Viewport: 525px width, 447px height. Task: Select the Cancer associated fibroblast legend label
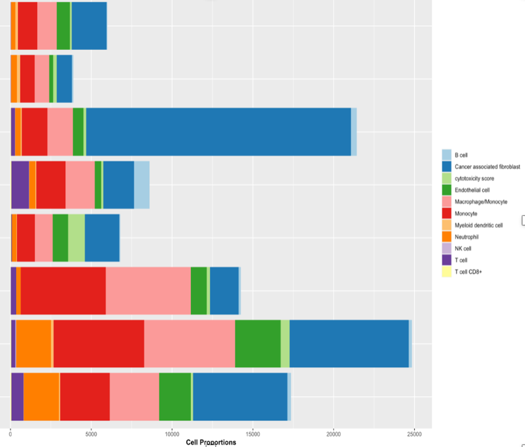491,167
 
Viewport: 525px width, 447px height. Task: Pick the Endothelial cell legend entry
472,190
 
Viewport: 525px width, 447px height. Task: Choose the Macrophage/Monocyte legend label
481,202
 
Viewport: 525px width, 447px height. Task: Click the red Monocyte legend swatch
446,214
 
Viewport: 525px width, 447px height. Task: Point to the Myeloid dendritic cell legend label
478,225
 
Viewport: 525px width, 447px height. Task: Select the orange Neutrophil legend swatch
446,237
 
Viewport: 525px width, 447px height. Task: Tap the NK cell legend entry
463,248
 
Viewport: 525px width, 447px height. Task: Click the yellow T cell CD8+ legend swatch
446,271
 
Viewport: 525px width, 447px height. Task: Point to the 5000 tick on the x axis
91,433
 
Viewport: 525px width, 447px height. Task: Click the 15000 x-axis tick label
253,433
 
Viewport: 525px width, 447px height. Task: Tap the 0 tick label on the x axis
11,433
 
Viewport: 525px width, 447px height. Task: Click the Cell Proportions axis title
211,442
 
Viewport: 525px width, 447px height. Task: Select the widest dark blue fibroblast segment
218,131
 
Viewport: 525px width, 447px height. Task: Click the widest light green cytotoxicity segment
76,238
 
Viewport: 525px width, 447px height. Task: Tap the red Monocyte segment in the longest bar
99,344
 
